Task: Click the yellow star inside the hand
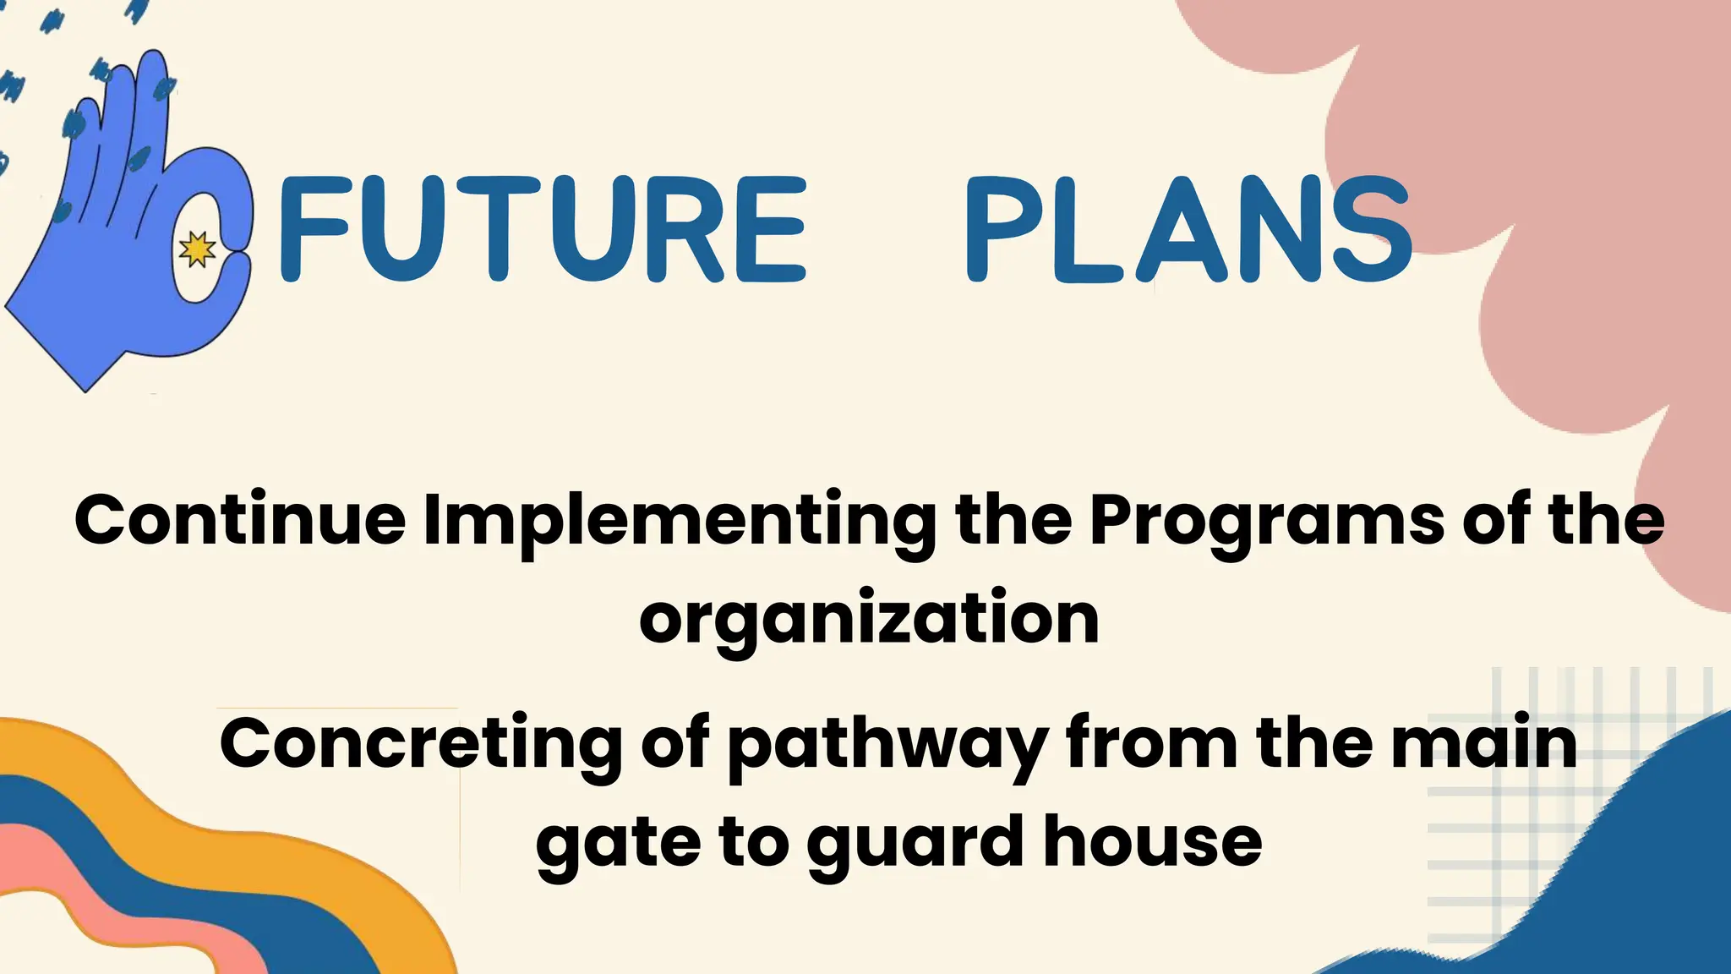point(198,249)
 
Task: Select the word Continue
point(241,520)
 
